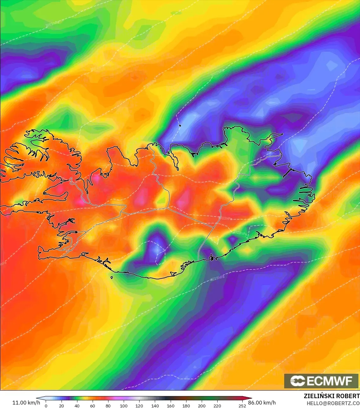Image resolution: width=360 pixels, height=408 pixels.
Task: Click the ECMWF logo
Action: coord(321,381)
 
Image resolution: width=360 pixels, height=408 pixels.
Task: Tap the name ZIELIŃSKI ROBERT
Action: coord(331,396)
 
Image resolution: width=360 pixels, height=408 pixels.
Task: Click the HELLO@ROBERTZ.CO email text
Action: coord(333,403)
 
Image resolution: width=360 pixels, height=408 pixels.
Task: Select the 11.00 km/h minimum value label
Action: coord(26,403)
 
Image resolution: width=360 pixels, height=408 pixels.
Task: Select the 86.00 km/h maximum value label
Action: coord(262,403)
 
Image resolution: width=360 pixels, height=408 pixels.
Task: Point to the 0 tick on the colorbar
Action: coord(46,405)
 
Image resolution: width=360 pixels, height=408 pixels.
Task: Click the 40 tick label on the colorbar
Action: coord(77,405)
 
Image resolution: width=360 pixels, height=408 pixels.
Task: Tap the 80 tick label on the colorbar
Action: coord(108,405)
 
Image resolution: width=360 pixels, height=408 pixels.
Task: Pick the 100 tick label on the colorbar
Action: coord(124,405)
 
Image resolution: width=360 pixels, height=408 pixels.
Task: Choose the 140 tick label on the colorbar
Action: coord(155,405)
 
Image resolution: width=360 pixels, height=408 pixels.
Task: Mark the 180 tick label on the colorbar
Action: coord(186,405)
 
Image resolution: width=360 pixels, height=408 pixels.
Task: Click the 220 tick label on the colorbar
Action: coord(217,405)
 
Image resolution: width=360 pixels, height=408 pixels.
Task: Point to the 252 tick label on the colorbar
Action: coord(242,405)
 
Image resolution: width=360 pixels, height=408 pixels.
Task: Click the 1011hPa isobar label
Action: coord(225,218)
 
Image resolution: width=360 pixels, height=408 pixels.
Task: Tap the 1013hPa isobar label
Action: coord(240,233)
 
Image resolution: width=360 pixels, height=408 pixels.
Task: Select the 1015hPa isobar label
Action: coord(217,278)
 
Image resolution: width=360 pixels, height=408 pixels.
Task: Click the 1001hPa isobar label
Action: coord(52,24)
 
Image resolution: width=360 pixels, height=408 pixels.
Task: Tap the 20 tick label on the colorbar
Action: coord(62,405)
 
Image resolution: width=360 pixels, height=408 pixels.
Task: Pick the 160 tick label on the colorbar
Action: coord(171,405)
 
